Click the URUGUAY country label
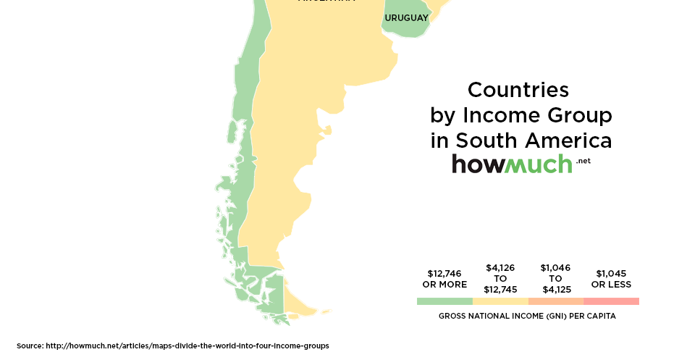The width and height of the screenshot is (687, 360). coord(407,17)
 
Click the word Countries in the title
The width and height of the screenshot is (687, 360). coord(518,90)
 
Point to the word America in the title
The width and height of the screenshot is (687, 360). coord(569,140)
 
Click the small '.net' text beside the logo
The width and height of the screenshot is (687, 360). coord(584,161)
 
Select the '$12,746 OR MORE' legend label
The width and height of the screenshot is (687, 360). coord(444,279)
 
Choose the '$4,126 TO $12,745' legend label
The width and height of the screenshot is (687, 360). coord(500,278)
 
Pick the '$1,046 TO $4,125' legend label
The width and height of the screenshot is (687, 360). coord(555,278)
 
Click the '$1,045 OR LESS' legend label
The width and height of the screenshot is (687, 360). coord(611,279)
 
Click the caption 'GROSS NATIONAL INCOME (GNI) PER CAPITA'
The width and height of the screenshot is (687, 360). coord(528,317)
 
